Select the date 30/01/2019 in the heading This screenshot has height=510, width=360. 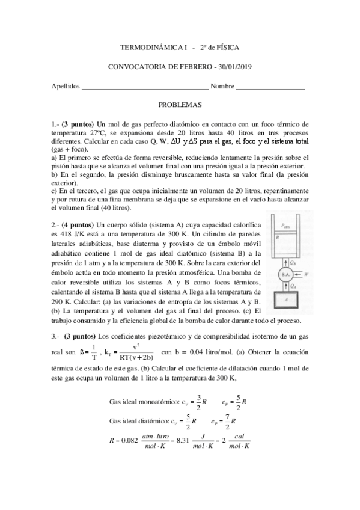click(234, 66)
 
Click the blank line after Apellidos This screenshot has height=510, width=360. click(144, 88)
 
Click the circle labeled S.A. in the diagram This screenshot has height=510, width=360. click(285, 274)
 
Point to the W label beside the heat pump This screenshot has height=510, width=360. click(308, 274)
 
